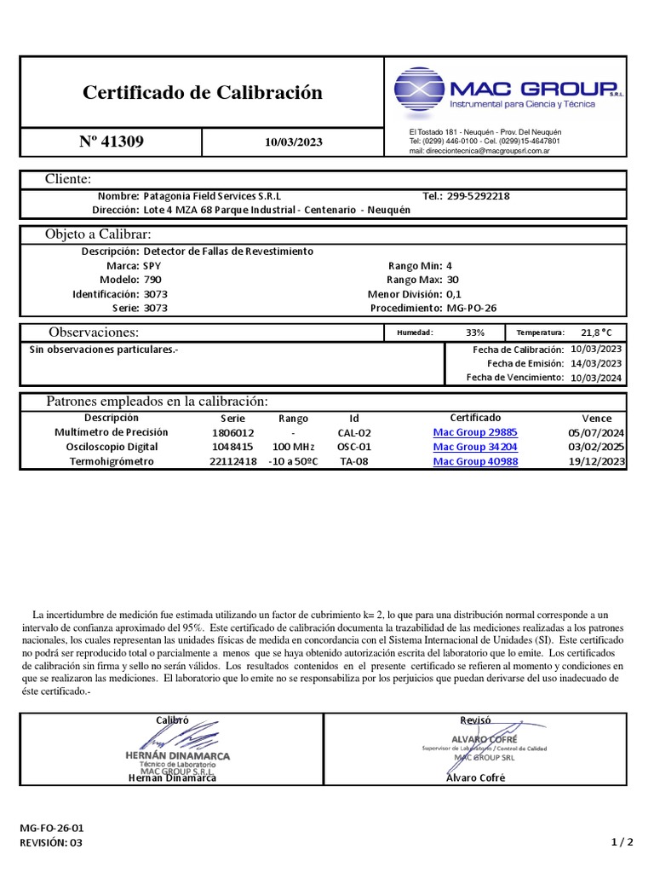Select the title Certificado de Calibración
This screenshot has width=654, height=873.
[x=203, y=93]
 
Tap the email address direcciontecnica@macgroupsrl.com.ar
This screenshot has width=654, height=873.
[x=479, y=150]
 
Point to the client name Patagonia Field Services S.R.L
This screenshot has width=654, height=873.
[x=212, y=196]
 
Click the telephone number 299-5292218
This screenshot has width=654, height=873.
[x=478, y=196]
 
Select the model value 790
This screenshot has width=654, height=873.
[x=152, y=280]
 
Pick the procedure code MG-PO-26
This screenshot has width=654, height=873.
[x=473, y=308]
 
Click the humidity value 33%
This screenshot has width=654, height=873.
[x=475, y=332]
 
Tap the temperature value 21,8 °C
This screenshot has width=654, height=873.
[x=596, y=332]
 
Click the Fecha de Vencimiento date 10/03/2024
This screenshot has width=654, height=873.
[x=596, y=378]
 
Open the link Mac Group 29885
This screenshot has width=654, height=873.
[x=475, y=433]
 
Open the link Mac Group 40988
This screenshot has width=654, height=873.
[x=475, y=462]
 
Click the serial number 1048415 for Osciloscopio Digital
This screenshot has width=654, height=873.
[x=232, y=448]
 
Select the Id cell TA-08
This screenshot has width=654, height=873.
[x=354, y=462]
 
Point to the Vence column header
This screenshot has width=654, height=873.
[x=596, y=419]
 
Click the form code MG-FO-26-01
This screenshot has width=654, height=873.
[x=52, y=828]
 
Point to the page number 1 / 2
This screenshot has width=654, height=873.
[x=622, y=842]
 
